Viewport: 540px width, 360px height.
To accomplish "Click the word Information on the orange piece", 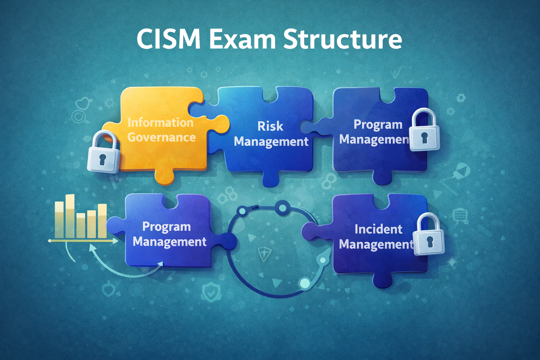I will click(x=160, y=123).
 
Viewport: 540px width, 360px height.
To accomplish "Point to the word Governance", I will click(x=161, y=137).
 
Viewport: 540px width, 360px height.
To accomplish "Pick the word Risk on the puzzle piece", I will click(x=270, y=126).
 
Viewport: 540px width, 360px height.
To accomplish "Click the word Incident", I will click(x=378, y=229).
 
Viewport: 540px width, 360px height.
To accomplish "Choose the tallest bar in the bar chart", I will click(x=70, y=216).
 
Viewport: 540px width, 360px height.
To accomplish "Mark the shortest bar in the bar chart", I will click(x=81, y=225).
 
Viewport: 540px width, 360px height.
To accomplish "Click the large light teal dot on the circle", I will click(x=304, y=283).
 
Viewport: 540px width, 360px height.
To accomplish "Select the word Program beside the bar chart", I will click(x=166, y=227).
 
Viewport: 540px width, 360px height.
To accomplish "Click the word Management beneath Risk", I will click(x=271, y=142).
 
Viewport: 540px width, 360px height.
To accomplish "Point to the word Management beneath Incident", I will click(x=375, y=244).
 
